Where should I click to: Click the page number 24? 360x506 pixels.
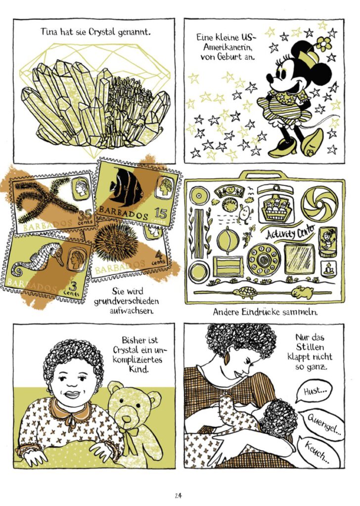[178, 495]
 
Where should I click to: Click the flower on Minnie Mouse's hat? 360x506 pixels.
[323, 43]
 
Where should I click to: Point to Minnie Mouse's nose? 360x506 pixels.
[270, 79]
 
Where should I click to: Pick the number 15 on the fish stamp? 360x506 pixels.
[161, 213]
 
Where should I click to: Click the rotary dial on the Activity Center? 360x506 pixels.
[264, 259]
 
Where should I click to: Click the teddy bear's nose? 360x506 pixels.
[127, 419]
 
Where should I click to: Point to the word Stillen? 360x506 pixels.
[310, 347]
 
